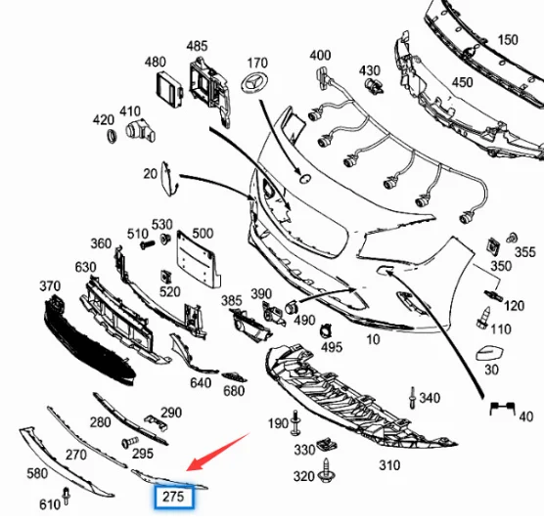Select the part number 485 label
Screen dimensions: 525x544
pos(197,45)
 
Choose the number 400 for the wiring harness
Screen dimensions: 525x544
pos(320,55)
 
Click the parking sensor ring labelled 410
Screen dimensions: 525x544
pos(136,132)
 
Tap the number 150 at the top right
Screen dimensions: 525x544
pos(508,40)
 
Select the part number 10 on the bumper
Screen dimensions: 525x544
pos(372,339)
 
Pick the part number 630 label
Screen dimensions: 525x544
pos(85,267)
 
